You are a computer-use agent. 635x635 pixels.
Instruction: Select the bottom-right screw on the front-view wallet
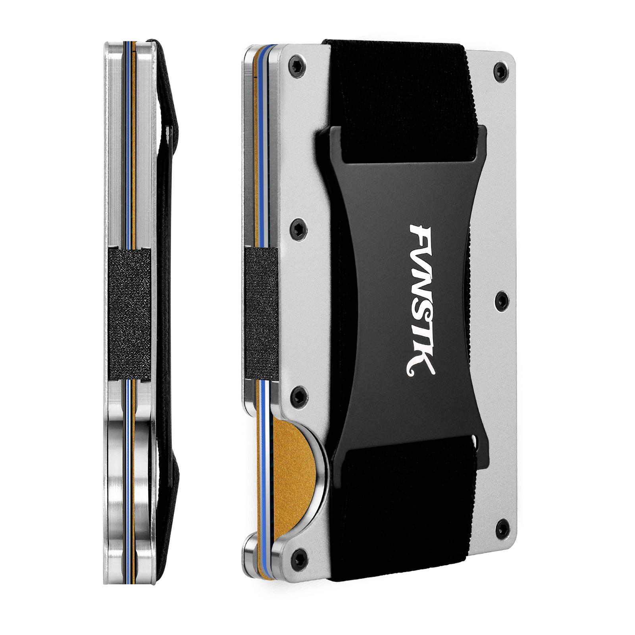click(502, 527)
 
